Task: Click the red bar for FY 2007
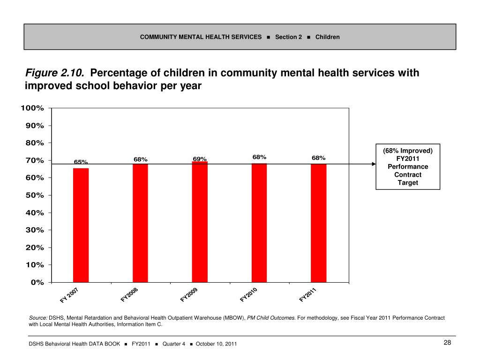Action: (81, 225)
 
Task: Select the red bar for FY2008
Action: (140, 223)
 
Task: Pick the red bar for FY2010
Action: (259, 223)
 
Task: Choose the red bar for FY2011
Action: (319, 223)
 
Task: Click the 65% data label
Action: (81, 162)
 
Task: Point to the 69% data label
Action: (200, 159)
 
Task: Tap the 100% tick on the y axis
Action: (32, 108)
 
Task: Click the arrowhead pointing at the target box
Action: (374, 164)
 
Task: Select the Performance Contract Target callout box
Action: (408, 166)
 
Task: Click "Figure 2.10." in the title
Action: (55, 73)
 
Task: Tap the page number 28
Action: (447, 343)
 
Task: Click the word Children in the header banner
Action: (328, 37)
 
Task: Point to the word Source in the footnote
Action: (38, 318)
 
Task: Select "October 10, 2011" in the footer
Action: (216, 344)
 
